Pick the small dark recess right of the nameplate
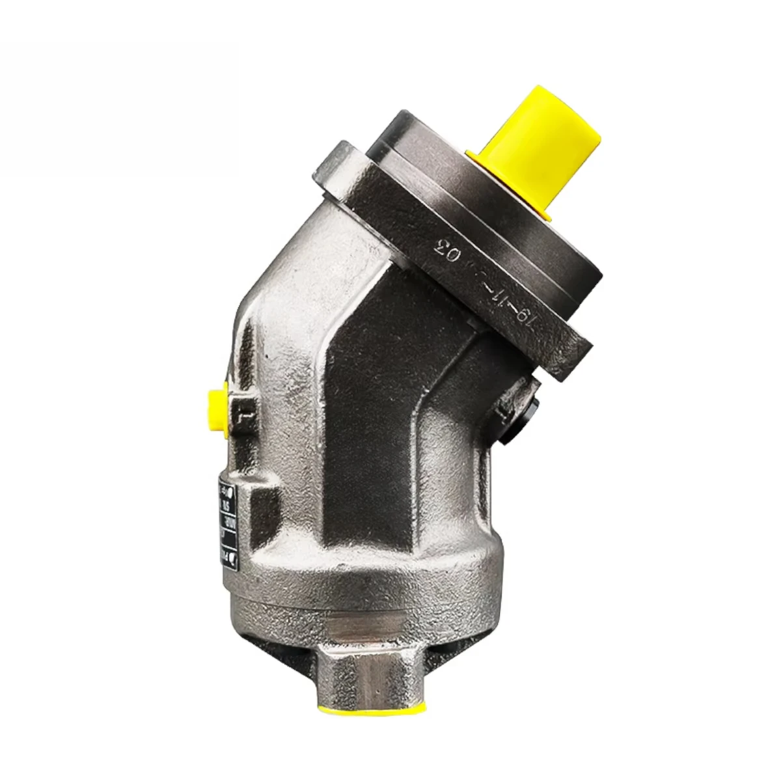coord(257,514)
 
